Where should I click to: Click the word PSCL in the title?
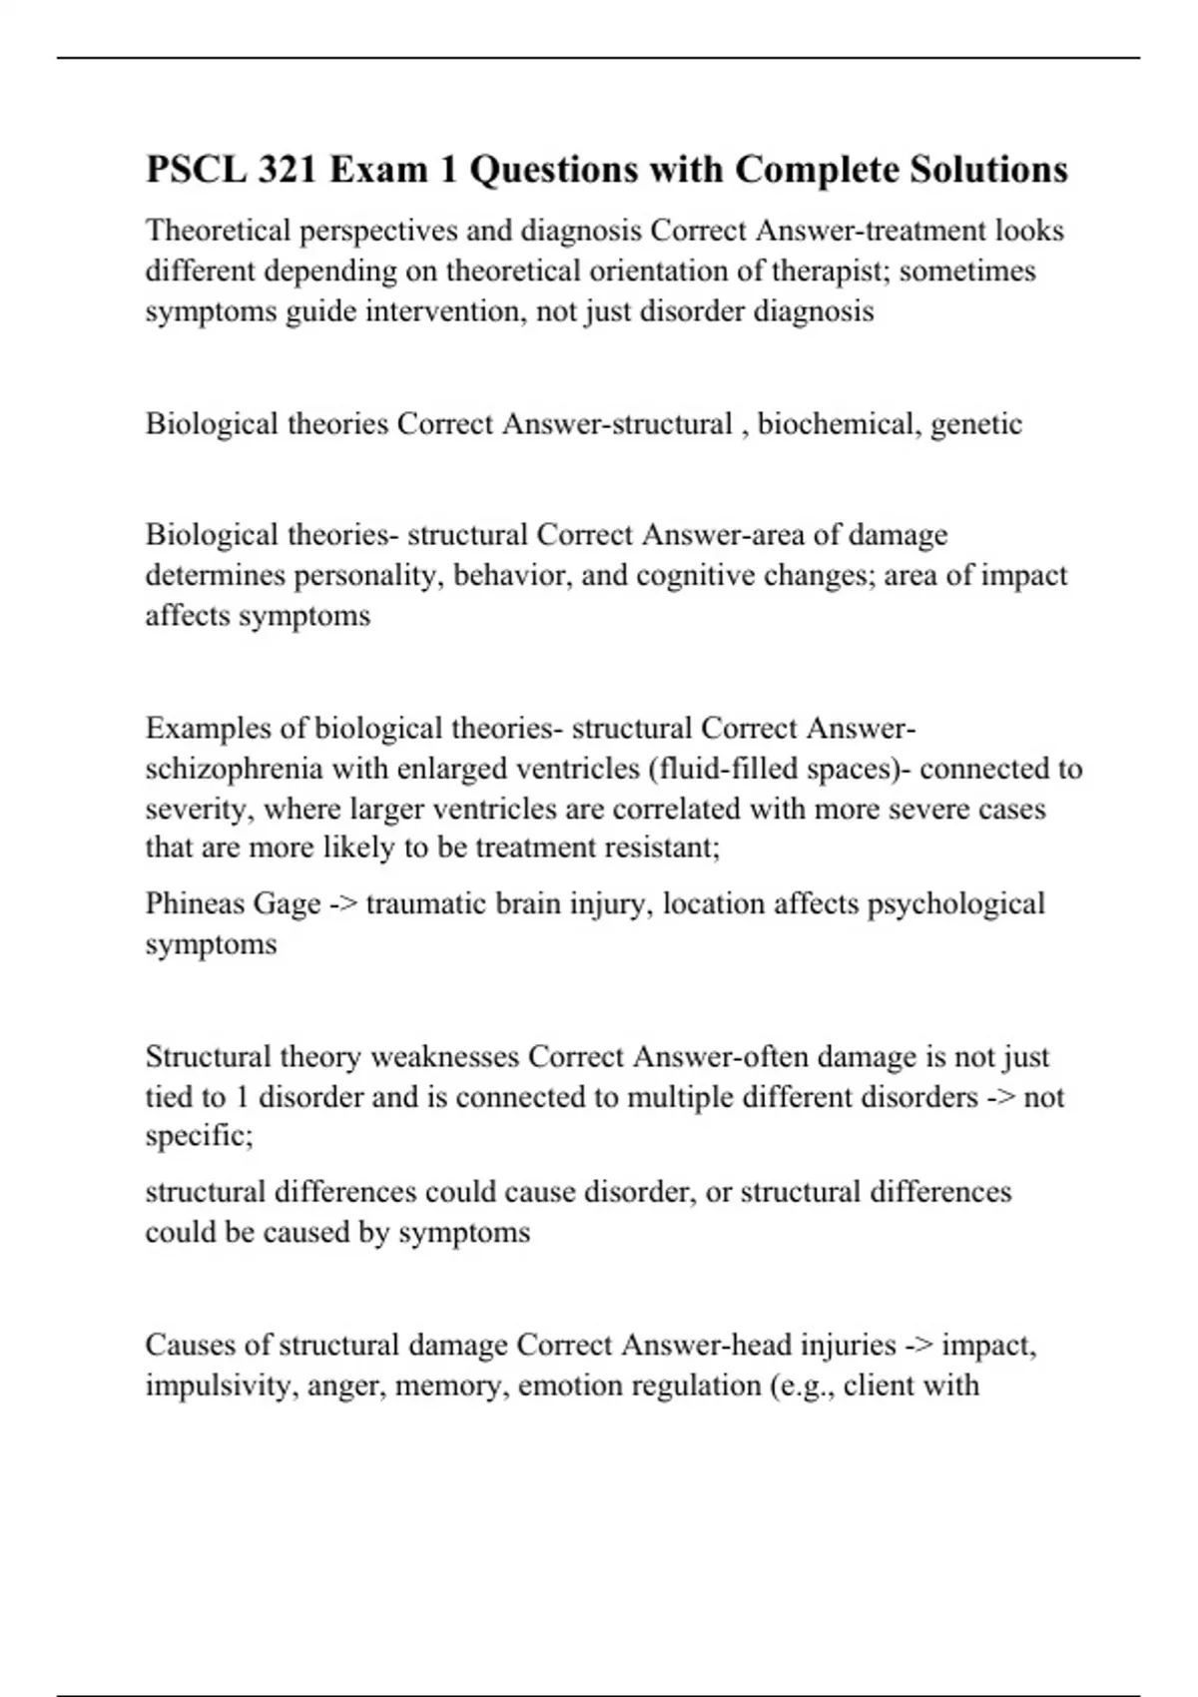196,170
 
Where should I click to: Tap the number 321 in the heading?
288,170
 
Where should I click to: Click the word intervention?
442,312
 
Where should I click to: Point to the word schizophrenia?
234,769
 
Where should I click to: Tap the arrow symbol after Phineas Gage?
343,903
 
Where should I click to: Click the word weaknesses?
444,1056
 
